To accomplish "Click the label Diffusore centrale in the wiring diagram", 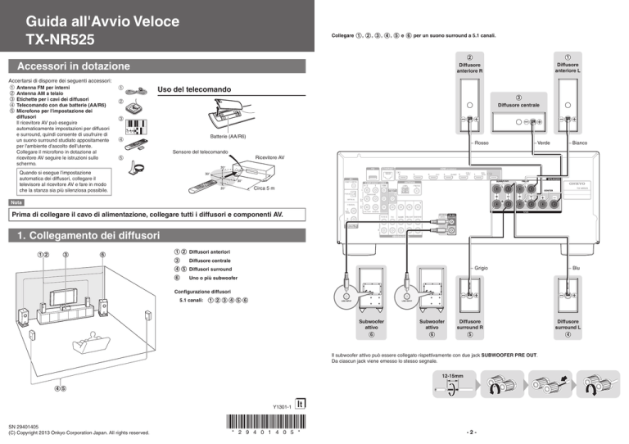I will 517,105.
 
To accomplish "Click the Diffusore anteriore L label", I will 568,68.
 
